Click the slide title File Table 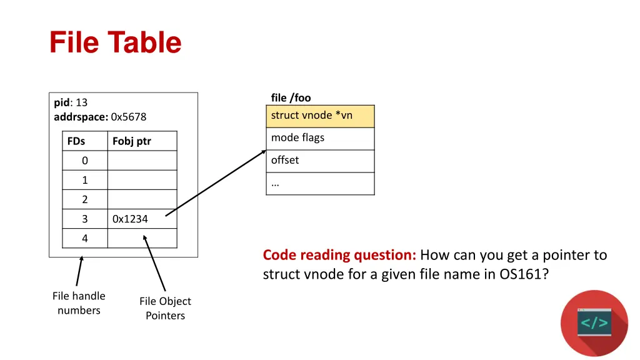pos(116,43)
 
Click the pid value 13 pos(81,102)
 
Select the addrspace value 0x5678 pos(128,117)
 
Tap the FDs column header pos(76,141)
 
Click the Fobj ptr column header pos(131,141)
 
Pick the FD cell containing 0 pos(85,161)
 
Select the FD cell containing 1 pos(85,180)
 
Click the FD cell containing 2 pos(85,199)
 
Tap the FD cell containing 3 pos(85,219)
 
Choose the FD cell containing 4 pos(85,238)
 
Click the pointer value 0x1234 pos(130,219)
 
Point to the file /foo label pos(291,97)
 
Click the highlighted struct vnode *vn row pos(320,116)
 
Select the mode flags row pos(320,138)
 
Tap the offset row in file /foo pos(320,161)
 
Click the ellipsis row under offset pos(320,183)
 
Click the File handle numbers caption pos(79,303)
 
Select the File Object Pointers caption pos(165,308)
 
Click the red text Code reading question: pos(339,255)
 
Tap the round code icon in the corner pos(594,323)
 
